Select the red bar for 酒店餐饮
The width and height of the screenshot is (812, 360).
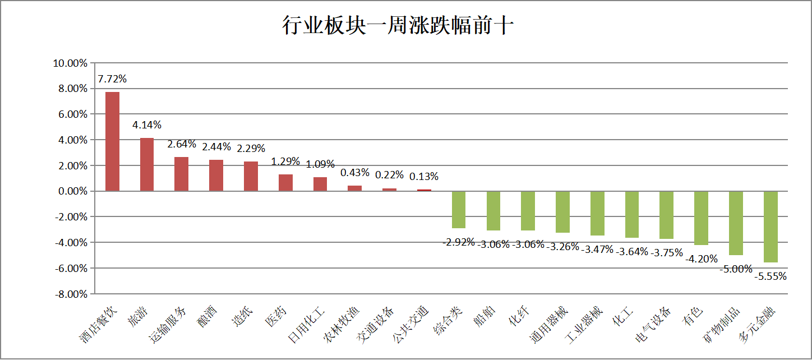112,141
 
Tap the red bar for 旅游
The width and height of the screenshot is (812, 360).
147,164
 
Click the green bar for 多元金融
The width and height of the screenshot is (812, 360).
771,227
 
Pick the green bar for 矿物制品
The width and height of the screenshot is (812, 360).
736,223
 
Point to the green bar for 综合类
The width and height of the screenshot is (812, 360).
459,210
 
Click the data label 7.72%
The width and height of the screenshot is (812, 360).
112,79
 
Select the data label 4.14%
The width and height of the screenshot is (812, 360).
147,124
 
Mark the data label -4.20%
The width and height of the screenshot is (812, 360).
701,259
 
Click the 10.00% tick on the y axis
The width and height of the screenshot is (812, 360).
70,63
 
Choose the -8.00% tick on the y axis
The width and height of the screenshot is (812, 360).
71,294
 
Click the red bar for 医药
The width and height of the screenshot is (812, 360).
285,183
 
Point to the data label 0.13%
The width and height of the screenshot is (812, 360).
424,177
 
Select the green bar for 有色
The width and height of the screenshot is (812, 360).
701,218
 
